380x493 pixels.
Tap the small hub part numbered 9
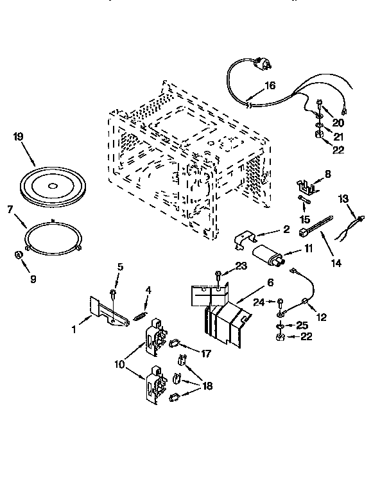pyautogui.click(x=19, y=255)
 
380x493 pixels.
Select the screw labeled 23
pyautogui.click(x=219, y=275)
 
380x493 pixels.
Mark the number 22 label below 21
pyautogui.click(x=338, y=150)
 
